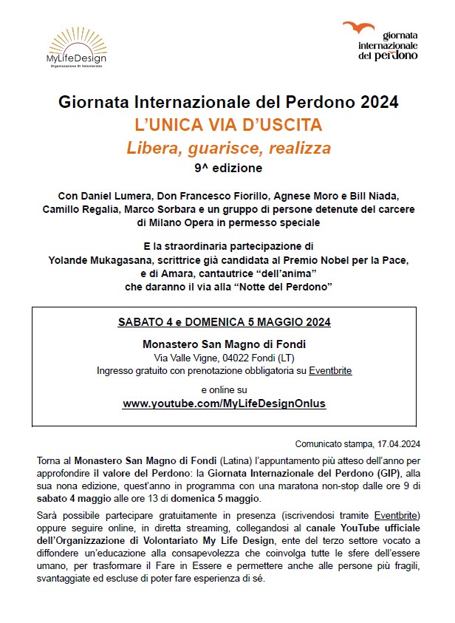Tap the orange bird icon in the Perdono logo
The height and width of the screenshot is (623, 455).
pyautogui.click(x=359, y=29)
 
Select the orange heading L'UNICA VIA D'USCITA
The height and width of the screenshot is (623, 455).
pyautogui.click(x=228, y=125)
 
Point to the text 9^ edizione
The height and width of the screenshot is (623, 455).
pyautogui.click(x=228, y=168)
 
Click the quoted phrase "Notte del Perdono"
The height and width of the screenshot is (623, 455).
pyautogui.click(x=278, y=285)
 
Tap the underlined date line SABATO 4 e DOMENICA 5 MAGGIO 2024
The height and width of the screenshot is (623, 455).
pyautogui.click(x=224, y=322)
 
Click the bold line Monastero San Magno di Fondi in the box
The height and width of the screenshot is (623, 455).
pyautogui.click(x=224, y=344)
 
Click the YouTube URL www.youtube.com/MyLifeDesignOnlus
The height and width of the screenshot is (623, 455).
pyautogui.click(x=224, y=404)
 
